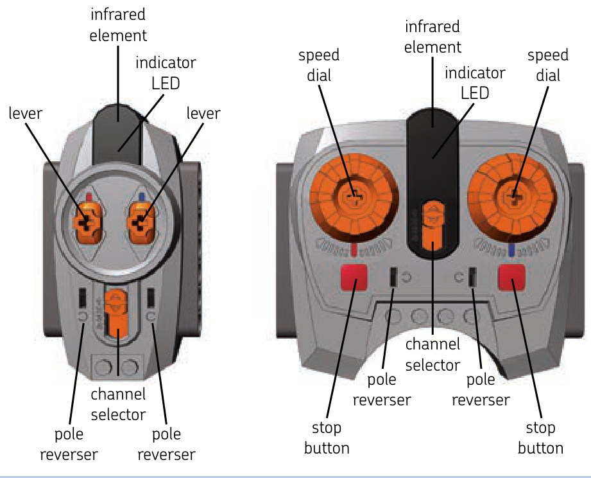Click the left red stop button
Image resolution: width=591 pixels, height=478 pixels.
coord(352,278)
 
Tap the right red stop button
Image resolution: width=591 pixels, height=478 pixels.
coord(511,278)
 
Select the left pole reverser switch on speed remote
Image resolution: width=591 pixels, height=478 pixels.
coord(392,277)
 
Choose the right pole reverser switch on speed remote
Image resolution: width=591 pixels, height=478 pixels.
coord(472,277)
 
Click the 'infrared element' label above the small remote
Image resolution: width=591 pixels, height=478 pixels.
coord(118,25)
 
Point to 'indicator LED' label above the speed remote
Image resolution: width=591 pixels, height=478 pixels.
coord(475,82)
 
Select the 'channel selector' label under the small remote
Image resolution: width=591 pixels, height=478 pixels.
coord(118,403)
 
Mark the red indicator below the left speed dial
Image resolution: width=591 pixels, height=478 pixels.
coord(353,249)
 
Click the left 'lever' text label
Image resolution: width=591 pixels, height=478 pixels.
coord(25,113)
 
